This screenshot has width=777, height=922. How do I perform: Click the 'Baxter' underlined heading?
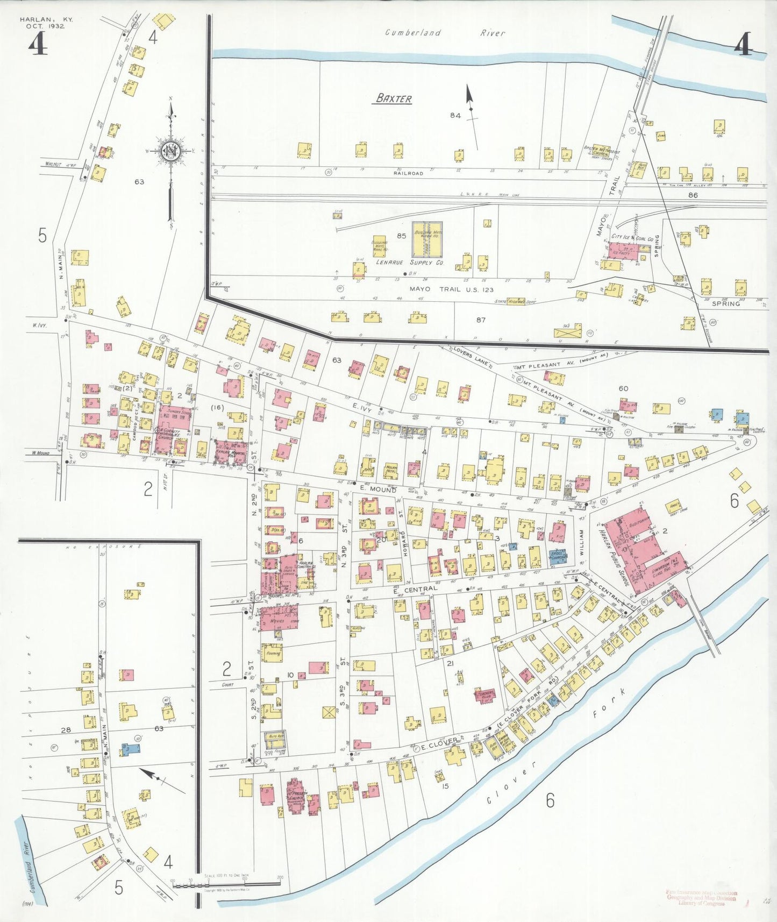tap(394, 98)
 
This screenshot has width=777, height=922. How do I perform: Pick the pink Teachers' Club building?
tap(485, 694)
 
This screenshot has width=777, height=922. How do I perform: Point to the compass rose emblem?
tap(171, 151)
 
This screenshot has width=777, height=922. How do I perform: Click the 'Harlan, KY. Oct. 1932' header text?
tap(46, 23)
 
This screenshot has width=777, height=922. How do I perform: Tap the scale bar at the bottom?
tap(226, 883)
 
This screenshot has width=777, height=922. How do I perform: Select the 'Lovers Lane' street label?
tap(470, 357)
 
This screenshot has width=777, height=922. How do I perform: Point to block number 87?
tap(480, 320)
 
